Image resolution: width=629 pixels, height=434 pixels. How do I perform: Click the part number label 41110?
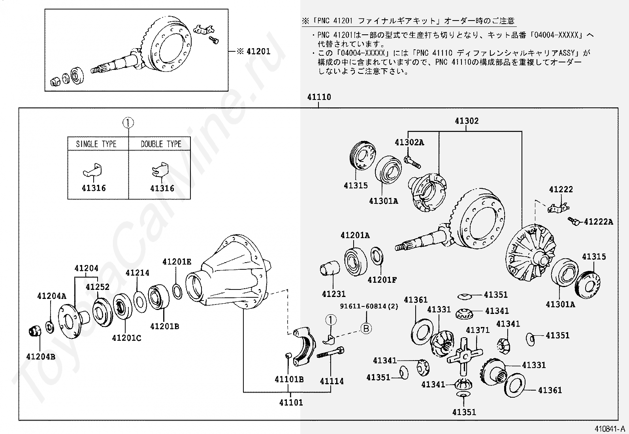coord(319,97)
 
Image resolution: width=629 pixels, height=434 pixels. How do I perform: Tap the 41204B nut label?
coord(41,357)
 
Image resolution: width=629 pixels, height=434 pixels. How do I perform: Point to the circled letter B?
coord(367,328)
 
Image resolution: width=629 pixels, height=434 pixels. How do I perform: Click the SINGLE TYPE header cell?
coord(96,144)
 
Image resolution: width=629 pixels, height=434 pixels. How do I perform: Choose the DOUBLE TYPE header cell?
coord(161,144)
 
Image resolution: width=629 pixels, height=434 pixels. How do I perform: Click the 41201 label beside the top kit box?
coord(258,51)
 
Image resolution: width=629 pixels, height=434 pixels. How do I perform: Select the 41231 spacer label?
coord(333,294)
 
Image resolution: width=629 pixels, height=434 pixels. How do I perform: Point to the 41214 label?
coord(137,273)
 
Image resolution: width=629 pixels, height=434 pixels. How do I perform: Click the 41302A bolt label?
coord(409,143)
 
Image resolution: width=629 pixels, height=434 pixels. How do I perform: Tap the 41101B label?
coord(289,380)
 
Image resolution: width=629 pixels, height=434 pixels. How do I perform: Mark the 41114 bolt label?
coord(331,381)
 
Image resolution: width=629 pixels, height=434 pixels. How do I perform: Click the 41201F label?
coord(382,280)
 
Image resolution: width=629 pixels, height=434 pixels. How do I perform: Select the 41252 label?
coord(98,287)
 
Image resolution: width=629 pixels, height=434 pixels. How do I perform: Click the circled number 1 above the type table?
coord(128,123)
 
